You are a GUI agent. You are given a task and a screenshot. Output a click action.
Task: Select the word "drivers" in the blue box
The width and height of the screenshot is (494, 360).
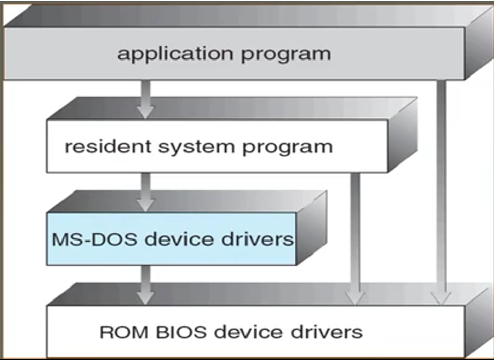(260, 238)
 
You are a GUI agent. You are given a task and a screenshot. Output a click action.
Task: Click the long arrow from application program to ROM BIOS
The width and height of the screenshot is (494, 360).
(442, 192)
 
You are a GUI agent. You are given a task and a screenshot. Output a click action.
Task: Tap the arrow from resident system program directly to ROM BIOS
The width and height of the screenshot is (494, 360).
(355, 237)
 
